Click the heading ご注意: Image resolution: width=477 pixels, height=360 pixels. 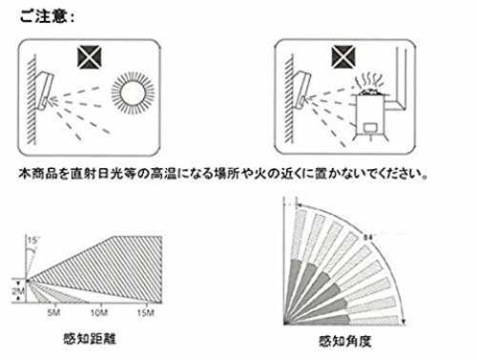click(x=47, y=16)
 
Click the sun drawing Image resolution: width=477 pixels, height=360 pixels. click(x=133, y=93)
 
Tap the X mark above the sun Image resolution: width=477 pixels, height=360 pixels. click(x=90, y=57)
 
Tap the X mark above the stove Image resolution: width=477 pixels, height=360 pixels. click(x=343, y=57)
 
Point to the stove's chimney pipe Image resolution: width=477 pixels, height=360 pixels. click(x=402, y=79)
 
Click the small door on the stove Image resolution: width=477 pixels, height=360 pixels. click(x=371, y=128)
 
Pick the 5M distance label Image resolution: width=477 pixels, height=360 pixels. click(x=53, y=313)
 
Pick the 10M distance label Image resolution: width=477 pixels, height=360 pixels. click(x=99, y=313)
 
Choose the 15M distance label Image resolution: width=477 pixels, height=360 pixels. click(x=146, y=313)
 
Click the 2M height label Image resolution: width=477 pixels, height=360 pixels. click(x=18, y=291)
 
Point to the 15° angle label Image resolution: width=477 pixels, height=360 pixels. click(x=32, y=241)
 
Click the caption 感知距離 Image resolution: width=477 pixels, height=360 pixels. click(x=90, y=339)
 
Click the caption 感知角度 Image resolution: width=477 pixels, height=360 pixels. click(x=345, y=341)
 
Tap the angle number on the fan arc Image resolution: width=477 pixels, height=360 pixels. click(x=368, y=238)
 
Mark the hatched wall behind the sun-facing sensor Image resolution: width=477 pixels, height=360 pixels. click(x=31, y=99)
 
